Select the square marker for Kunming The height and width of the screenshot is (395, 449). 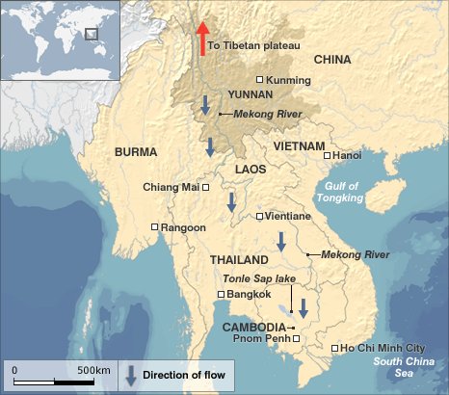point(259,80)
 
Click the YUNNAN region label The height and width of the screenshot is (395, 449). point(251,95)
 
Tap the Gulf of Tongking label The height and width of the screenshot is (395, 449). point(340,192)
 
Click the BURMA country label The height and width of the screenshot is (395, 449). point(135,152)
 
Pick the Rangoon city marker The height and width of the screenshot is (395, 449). point(155,227)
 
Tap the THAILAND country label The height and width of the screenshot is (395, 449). point(238,261)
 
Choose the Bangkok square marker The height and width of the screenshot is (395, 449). point(222,294)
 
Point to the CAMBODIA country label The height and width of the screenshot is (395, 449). point(254,327)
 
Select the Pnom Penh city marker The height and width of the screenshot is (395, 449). point(297,339)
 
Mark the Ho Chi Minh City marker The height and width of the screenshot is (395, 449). point(334,348)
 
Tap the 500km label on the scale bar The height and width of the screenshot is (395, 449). point(93,370)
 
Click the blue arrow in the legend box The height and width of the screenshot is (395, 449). point(130,375)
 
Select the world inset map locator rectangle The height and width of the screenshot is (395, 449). point(92,34)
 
